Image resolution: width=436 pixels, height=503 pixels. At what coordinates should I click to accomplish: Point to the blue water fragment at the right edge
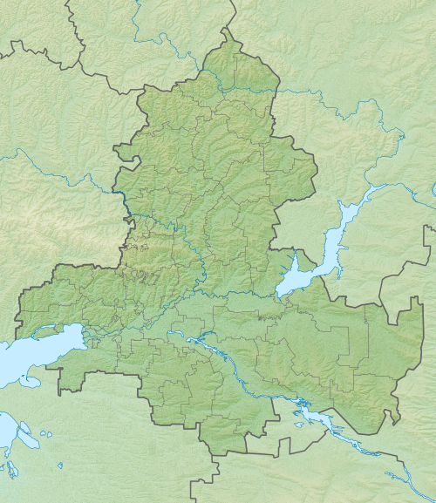tap(433, 189)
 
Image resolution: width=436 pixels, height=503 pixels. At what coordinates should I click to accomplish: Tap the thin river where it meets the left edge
tap(3, 158)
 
